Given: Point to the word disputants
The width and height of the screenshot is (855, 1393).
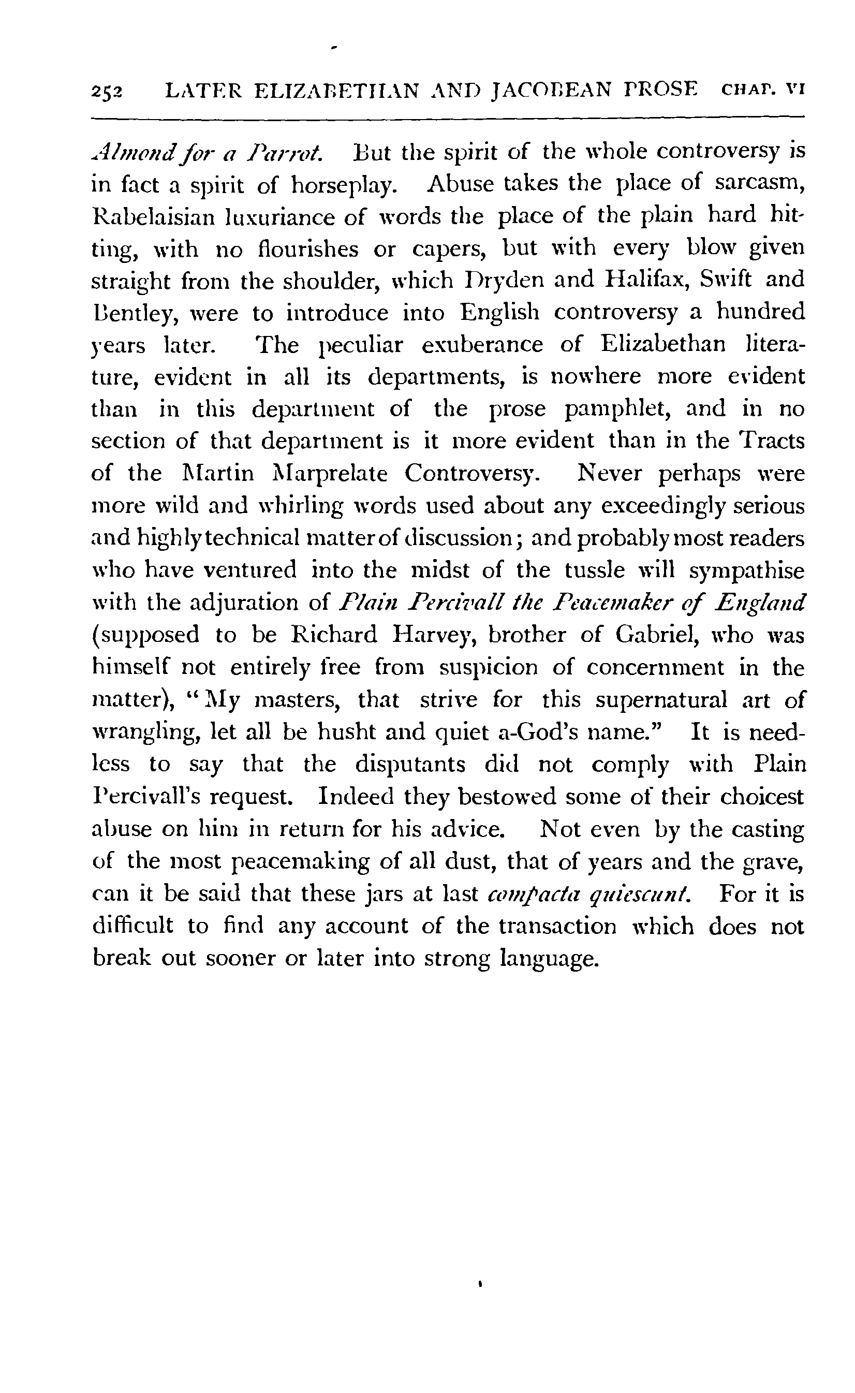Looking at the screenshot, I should pyautogui.click(x=410, y=765).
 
